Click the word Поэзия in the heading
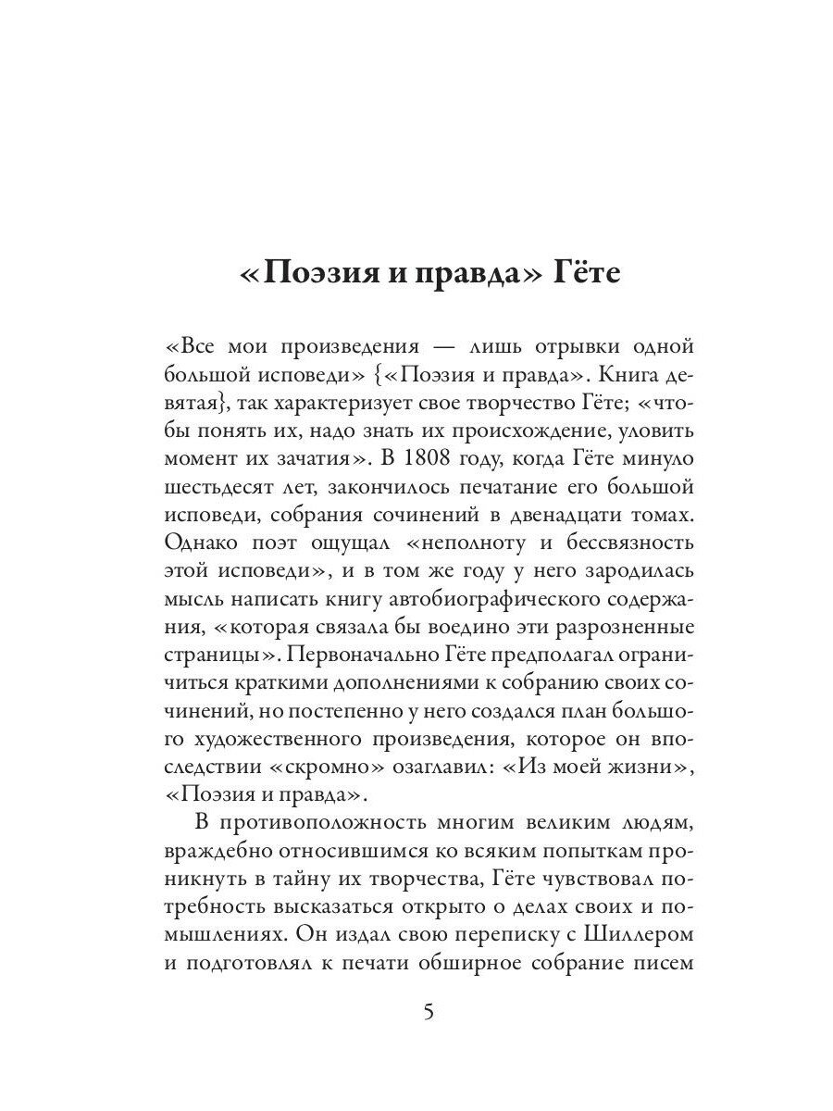[314, 275]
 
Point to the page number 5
[428, 1012]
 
